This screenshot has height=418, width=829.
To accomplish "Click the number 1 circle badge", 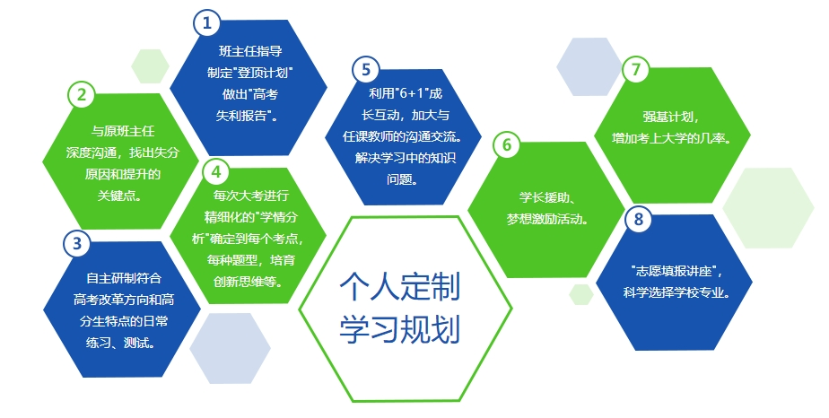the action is (206, 22).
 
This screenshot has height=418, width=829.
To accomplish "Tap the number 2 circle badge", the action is (82, 95).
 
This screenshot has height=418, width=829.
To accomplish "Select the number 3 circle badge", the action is (77, 244).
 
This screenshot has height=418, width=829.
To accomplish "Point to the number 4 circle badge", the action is (215, 171).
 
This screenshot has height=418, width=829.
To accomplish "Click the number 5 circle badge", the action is (366, 70).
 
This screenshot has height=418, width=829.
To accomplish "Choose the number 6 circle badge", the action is (507, 144).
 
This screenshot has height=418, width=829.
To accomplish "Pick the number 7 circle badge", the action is (636, 69).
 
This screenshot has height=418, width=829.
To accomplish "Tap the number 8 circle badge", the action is (639, 219).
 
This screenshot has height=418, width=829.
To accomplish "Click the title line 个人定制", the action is (400, 287).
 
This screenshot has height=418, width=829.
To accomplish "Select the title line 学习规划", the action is (400, 329).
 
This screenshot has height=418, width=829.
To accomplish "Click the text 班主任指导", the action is (250, 51).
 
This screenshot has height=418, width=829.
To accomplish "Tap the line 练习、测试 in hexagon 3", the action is (120, 343).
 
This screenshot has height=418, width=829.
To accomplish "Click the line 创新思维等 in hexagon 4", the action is (248, 282).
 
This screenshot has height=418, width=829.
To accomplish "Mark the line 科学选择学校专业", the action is (676, 292).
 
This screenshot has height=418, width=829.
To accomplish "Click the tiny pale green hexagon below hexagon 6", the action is (581, 294).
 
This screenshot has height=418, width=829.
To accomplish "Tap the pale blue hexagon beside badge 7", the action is (589, 66).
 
